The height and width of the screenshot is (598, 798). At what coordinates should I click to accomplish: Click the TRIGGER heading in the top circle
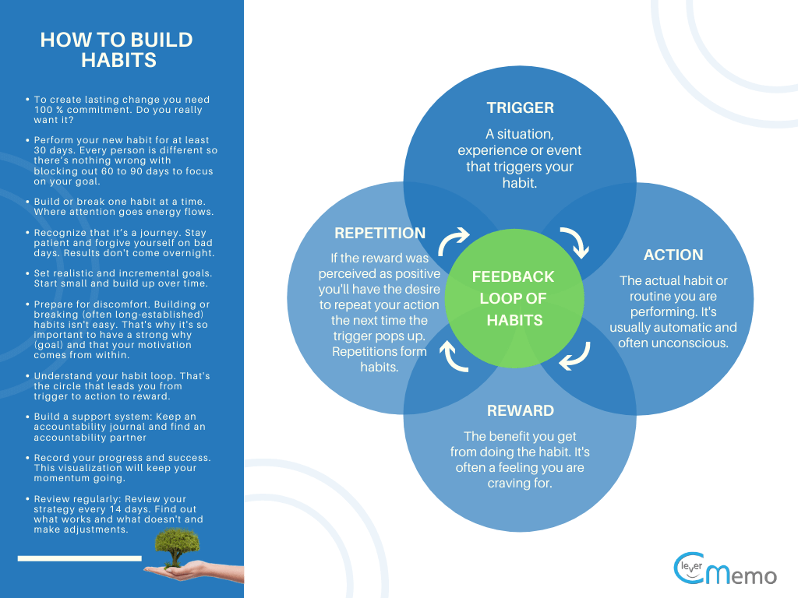(x=520, y=107)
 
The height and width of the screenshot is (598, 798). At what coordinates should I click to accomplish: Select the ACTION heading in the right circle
(x=673, y=255)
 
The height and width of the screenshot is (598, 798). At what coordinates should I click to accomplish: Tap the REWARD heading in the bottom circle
(x=520, y=410)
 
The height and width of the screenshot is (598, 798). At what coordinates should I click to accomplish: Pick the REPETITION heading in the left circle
(x=380, y=233)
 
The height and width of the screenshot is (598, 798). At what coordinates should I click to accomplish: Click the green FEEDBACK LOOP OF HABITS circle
(x=513, y=298)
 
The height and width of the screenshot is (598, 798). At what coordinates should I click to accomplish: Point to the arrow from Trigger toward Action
(x=577, y=242)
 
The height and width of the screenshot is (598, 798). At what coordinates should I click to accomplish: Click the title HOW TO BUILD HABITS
(x=116, y=50)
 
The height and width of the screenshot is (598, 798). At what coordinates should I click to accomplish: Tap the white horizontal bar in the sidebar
(x=79, y=558)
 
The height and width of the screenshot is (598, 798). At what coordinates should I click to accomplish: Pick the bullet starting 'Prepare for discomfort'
(x=121, y=329)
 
